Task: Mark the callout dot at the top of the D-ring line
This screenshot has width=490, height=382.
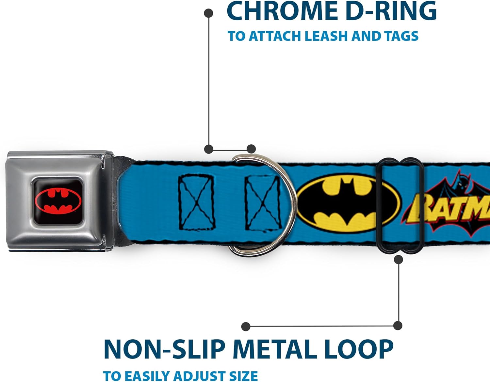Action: click(209, 13)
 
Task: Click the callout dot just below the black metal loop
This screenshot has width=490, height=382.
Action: click(399, 260)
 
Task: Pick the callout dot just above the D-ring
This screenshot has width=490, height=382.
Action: click(251, 149)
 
